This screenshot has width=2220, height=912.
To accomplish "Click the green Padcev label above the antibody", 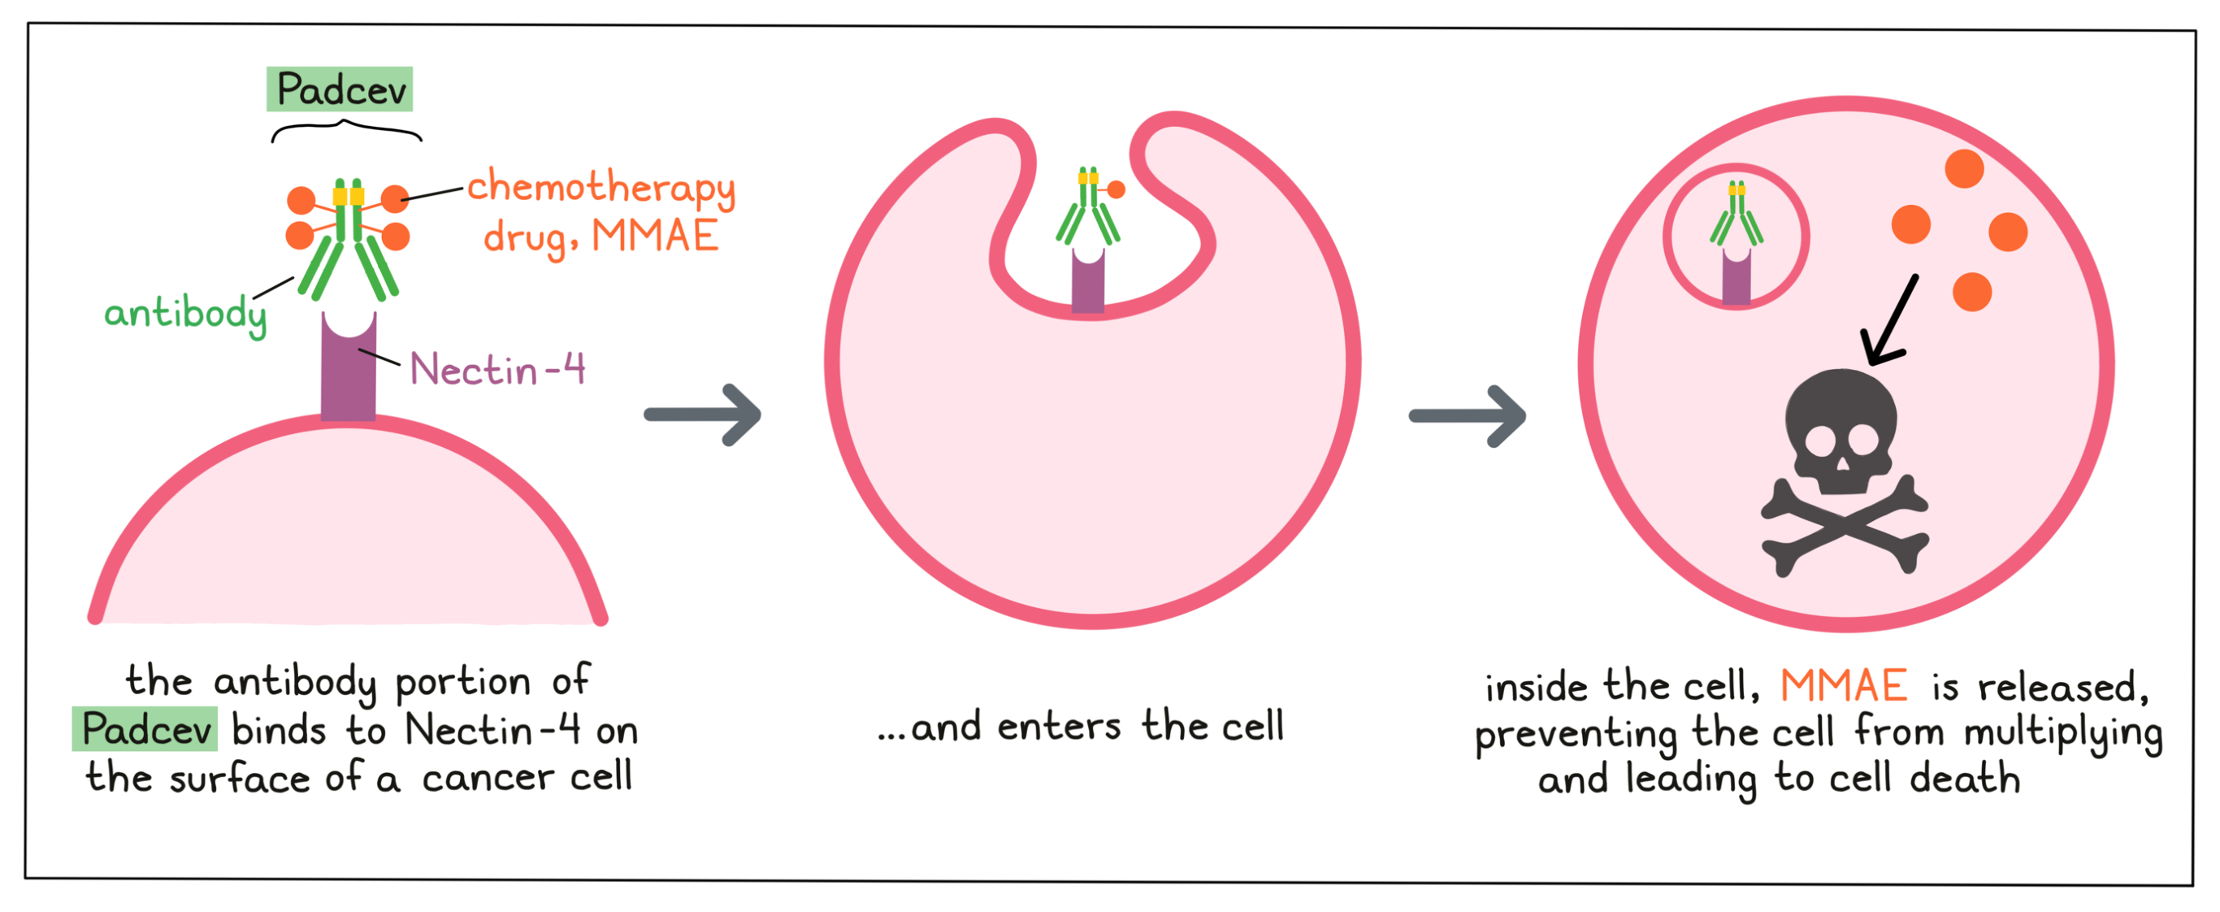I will [x=340, y=89].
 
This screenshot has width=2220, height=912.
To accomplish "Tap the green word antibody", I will [x=184, y=314].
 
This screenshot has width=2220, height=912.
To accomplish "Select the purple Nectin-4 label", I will [x=497, y=370].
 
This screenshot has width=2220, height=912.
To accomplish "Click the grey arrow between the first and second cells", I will [x=702, y=415].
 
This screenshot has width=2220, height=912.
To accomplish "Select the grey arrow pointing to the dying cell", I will [x=1467, y=416].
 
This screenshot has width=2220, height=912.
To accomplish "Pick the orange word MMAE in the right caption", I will [x=1844, y=687].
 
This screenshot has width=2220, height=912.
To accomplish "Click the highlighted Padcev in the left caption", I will [x=145, y=730].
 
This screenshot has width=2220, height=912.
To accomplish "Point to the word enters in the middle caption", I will [x=1059, y=727].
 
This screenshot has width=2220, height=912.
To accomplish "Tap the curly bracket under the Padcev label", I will [x=346, y=130].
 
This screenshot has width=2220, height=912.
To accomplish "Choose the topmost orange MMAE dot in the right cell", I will [x=1964, y=168].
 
